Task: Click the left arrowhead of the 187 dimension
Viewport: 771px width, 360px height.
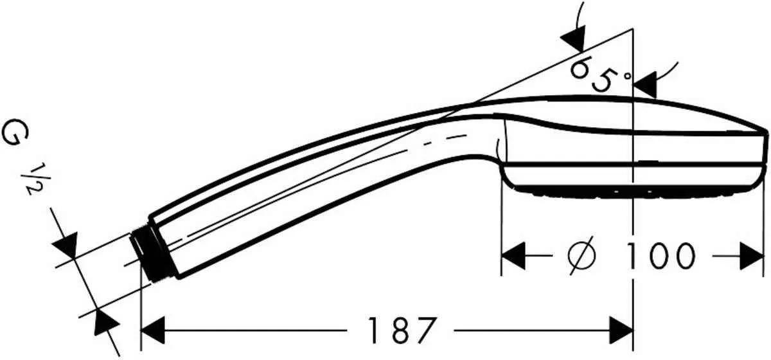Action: (x=153, y=331)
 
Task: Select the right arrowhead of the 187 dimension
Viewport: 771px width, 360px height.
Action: (x=621, y=331)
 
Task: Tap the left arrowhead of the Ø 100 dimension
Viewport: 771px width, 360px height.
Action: (x=513, y=256)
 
